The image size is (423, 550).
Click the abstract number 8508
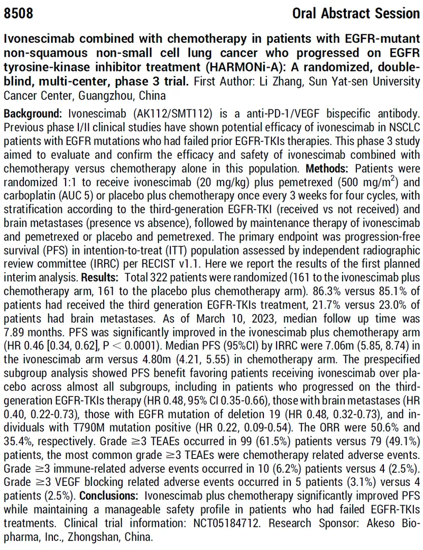[x=19, y=12]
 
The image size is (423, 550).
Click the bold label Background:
[x=31, y=114]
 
